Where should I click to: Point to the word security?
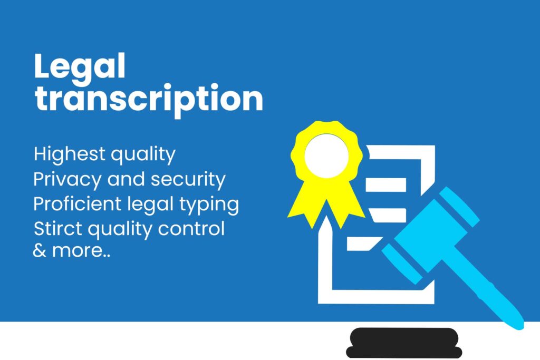(188, 180)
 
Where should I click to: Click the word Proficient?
(78, 203)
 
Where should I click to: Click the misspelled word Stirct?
(58, 229)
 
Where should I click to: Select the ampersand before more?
(40, 250)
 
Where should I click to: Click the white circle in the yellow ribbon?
(326, 156)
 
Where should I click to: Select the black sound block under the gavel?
(404, 343)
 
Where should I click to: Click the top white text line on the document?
(385, 185)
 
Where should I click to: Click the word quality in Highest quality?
(143, 155)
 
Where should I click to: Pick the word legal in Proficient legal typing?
(150, 205)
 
